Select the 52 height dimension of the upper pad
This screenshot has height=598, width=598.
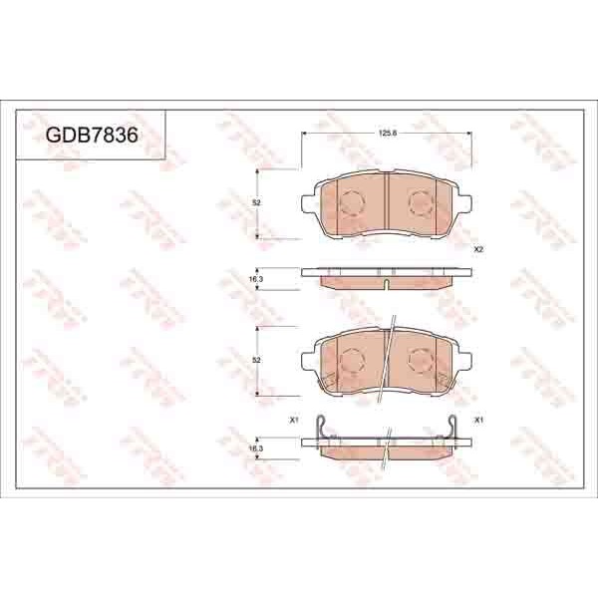click(x=256, y=202)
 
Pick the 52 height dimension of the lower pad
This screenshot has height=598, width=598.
click(x=256, y=359)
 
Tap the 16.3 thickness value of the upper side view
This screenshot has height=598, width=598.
click(x=255, y=280)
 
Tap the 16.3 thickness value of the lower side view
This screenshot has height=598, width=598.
click(x=255, y=449)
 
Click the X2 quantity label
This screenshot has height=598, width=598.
click(x=478, y=248)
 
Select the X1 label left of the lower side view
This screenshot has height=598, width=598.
click(x=293, y=420)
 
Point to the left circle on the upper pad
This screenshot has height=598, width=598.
click(x=352, y=203)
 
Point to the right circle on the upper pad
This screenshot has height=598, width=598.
click(x=421, y=203)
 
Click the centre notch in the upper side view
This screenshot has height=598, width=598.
click(x=386, y=284)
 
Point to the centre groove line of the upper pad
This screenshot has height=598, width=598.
click(x=386, y=204)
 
